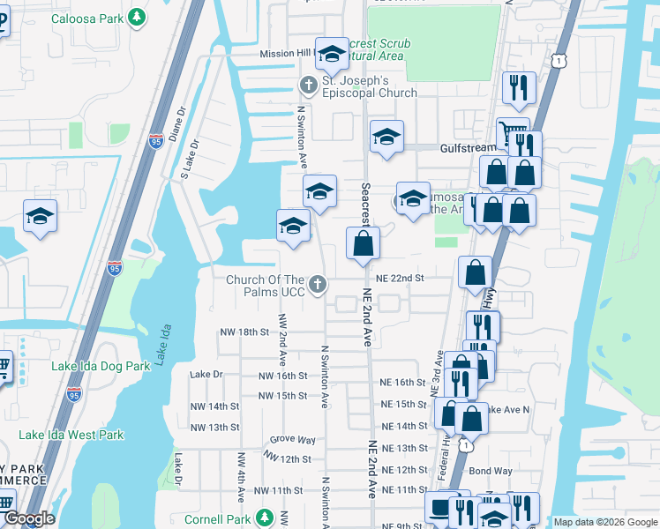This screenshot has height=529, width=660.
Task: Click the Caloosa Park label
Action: [x=87, y=18]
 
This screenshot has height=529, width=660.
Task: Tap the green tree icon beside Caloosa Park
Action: [x=137, y=17]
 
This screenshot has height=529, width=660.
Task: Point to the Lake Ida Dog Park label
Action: [x=101, y=366]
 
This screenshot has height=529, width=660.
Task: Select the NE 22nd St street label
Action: [x=401, y=278]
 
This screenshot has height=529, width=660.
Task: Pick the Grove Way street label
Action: [x=292, y=439]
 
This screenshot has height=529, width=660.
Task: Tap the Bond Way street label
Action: [x=491, y=471]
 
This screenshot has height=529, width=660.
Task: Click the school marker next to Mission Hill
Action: [x=332, y=55]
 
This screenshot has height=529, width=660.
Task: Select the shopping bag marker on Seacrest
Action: [x=362, y=244]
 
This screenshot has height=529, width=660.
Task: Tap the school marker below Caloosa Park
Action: [x=40, y=217]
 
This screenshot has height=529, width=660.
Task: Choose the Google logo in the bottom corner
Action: [x=28, y=518]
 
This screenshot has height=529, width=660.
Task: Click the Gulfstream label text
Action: [x=467, y=149]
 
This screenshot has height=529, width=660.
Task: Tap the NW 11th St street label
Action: [x=281, y=490]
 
